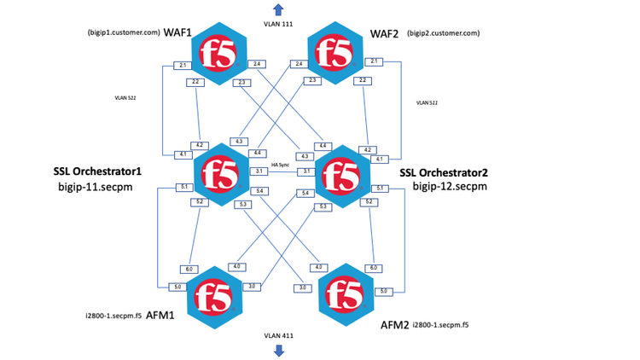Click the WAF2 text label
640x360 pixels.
click(384, 33)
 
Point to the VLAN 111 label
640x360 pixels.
click(278, 23)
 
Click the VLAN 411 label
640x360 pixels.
click(278, 335)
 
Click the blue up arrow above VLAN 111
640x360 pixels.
click(278, 9)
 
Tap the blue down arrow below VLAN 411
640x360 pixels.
click(278, 350)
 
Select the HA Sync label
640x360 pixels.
click(280, 164)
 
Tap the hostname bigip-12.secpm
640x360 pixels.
click(449, 186)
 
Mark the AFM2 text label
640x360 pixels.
click(395, 325)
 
